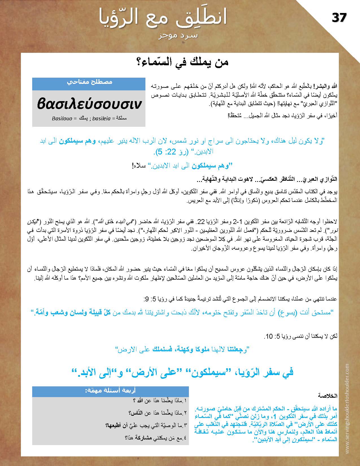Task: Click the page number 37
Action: tap(339, 18)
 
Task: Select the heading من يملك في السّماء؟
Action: tap(181, 62)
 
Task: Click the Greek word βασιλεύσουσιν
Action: tap(89, 104)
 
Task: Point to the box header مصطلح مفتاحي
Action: tap(90, 82)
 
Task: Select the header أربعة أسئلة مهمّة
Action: tap(110, 391)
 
